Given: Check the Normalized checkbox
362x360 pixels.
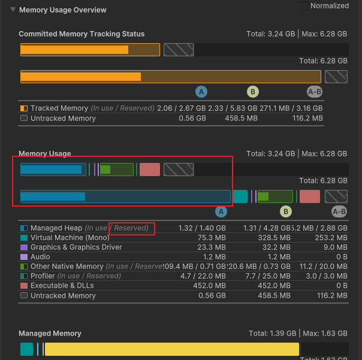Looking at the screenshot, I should click(305, 6).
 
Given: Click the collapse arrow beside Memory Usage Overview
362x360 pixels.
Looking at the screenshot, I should click(13, 10).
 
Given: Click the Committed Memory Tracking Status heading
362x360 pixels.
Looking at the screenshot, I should click(82, 34).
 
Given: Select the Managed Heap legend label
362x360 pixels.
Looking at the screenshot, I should click(56, 228).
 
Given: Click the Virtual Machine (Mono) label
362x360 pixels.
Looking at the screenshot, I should click(67, 238).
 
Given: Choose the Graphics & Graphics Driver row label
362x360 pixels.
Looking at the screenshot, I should click(76, 247).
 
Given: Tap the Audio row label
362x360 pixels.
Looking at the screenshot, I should click(41, 257).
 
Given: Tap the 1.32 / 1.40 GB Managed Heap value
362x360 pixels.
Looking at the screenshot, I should click(202, 228).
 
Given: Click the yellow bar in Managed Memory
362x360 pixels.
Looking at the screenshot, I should click(171, 349).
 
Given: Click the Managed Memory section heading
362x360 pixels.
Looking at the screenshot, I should click(50, 334).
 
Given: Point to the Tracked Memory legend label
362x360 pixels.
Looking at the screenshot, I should click(59, 108).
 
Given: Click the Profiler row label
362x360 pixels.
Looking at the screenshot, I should click(43, 276).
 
